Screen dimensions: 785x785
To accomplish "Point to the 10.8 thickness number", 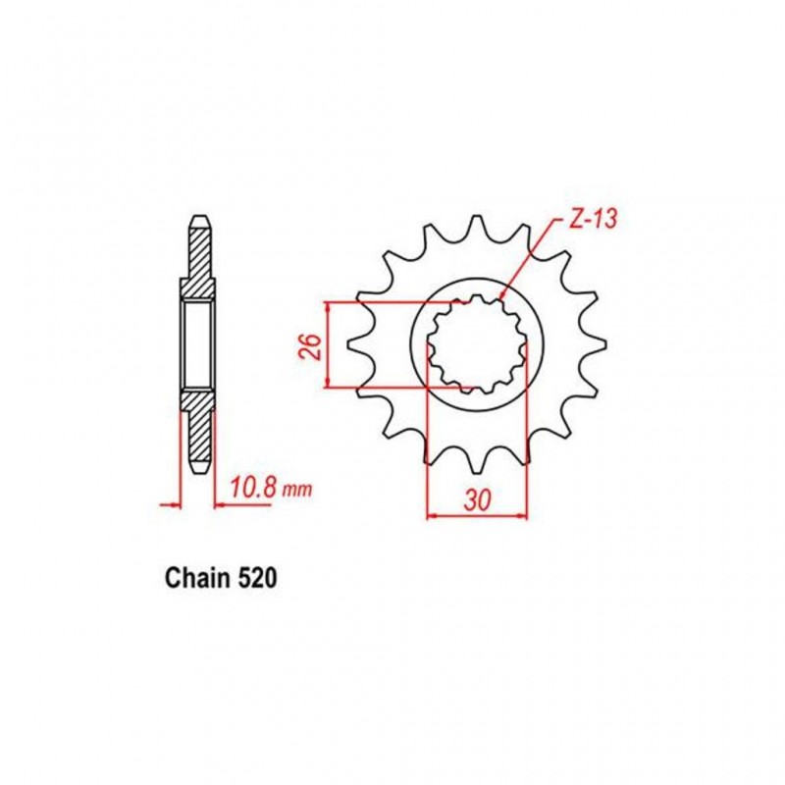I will (x=252, y=487).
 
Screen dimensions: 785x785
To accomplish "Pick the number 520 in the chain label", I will (x=257, y=580).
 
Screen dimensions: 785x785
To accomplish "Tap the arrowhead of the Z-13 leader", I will (x=502, y=292).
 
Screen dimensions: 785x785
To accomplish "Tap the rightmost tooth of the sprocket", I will (x=597, y=342).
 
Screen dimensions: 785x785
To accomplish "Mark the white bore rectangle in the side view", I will (x=196, y=343).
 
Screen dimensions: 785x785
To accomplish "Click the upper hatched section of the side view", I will (x=197, y=257).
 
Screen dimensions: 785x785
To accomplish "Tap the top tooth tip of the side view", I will (x=197, y=218).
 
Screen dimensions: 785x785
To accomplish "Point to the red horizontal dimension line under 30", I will (x=478, y=514).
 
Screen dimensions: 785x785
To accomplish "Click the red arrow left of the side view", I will (x=171, y=506).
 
